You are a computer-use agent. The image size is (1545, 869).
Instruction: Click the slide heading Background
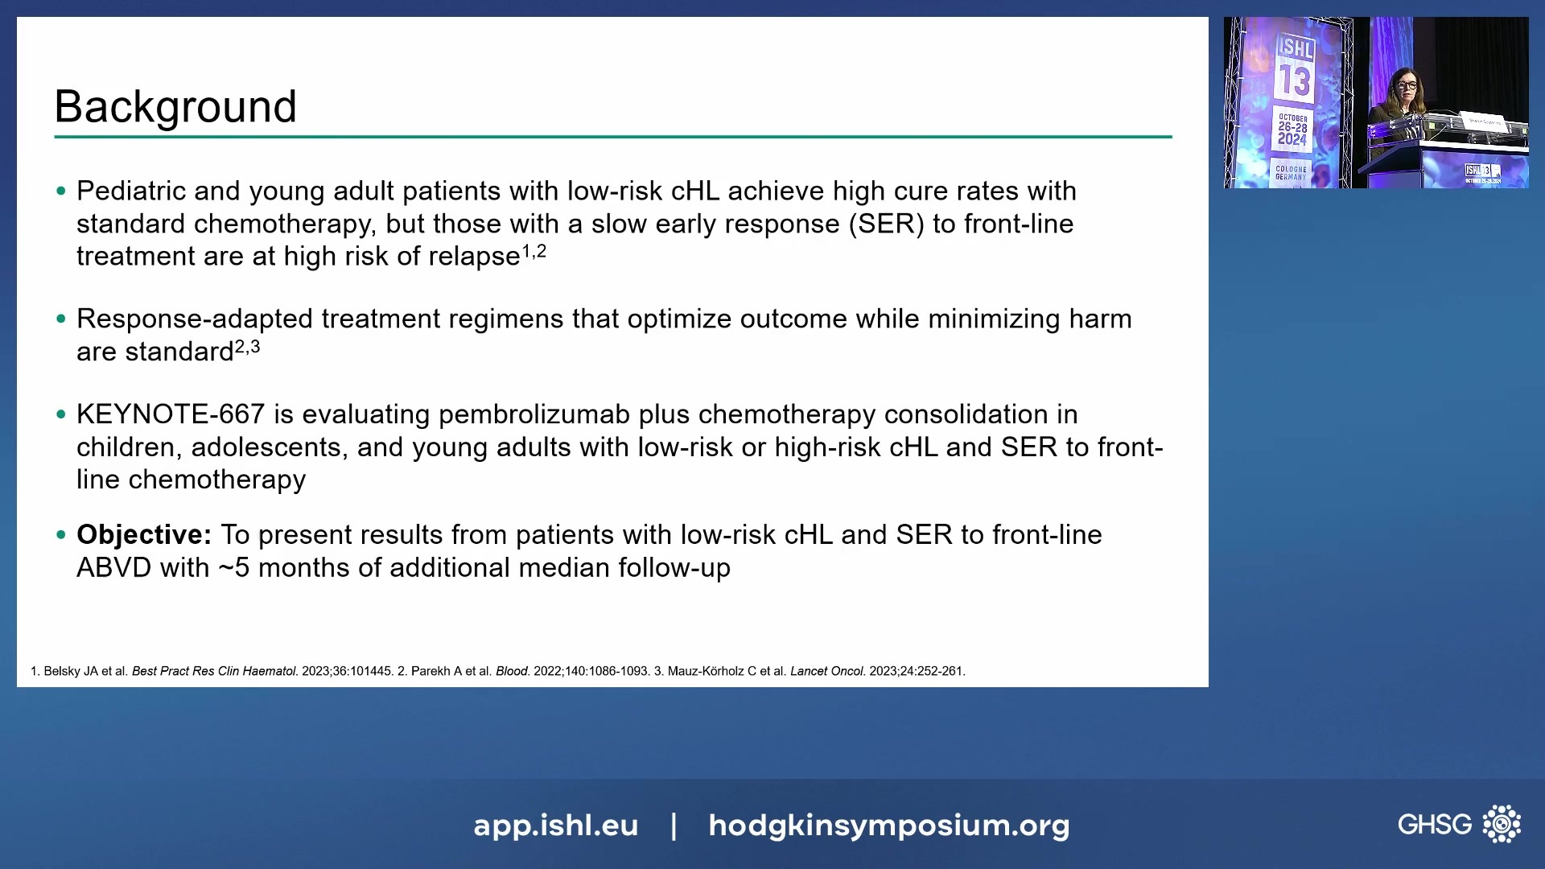(x=175, y=106)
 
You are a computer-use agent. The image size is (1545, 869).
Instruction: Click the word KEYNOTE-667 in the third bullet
(x=170, y=414)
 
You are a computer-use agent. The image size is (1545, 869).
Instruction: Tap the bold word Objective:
(x=143, y=535)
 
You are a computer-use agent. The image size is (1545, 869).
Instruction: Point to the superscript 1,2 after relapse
(x=534, y=251)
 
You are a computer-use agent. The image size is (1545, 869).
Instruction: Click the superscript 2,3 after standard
(x=247, y=347)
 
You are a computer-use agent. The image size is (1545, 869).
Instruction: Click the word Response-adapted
(x=194, y=319)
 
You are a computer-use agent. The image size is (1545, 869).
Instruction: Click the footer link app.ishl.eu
(x=555, y=826)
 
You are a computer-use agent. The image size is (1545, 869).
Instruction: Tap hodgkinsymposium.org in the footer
(x=888, y=826)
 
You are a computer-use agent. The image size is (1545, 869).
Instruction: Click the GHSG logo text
(x=1434, y=824)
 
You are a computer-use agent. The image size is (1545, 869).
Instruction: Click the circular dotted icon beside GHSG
(x=1502, y=824)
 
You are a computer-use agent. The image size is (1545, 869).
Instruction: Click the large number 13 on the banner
(x=1295, y=81)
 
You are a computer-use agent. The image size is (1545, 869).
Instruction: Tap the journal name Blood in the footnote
(x=512, y=671)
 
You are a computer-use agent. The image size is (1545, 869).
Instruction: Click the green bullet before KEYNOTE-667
(x=61, y=415)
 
